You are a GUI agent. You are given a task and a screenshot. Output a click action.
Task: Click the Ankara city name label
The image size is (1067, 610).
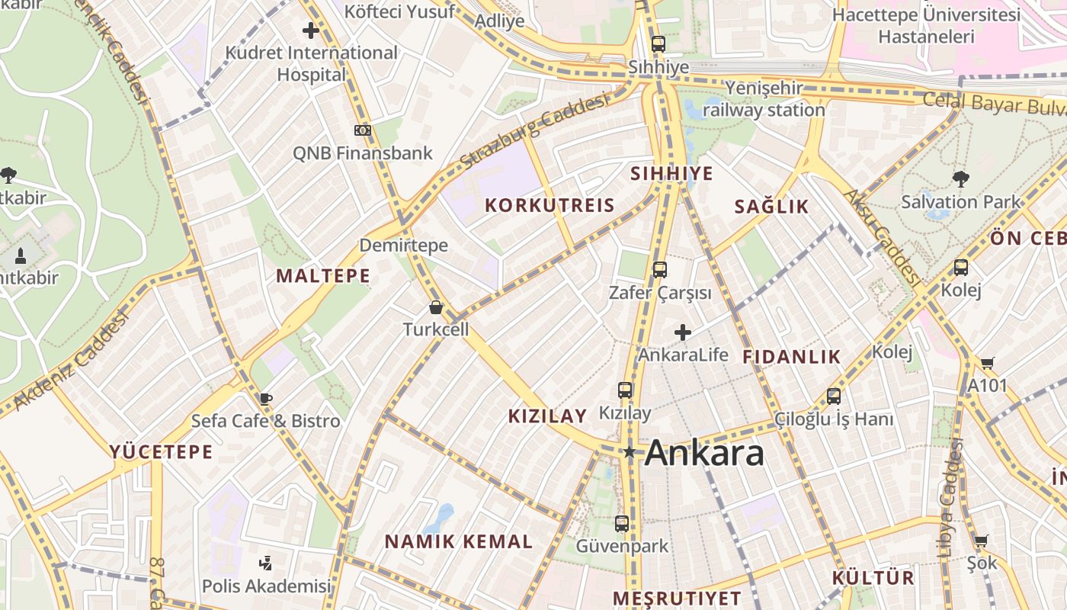pos(704,453)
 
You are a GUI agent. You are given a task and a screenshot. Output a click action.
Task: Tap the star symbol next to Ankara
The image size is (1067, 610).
pos(630,452)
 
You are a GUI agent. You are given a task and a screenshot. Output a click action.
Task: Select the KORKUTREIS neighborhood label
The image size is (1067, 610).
pos(550,205)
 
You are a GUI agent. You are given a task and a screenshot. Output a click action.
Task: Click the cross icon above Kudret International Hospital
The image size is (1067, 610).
pos(311,30)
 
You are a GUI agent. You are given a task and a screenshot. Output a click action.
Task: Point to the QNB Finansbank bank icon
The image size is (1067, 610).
pos(363,130)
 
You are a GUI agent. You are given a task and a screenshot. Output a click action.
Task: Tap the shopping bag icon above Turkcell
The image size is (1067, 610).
pos(436,307)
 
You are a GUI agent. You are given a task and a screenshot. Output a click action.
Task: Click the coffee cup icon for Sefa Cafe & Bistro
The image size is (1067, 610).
pos(265,398)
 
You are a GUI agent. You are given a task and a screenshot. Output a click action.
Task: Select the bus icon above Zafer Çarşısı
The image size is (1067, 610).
pos(660,269)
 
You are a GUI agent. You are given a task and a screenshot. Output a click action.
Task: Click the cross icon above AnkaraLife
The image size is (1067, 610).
pos(683,332)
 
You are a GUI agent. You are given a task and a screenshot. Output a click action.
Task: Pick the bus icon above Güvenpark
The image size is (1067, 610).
pos(622,524)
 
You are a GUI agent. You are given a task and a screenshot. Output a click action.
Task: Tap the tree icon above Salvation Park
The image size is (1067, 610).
pos(960,179)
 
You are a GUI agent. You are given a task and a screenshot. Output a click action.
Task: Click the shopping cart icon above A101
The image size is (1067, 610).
pos(988,363)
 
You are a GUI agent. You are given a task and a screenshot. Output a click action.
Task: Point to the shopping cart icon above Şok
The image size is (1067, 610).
pos(981,541)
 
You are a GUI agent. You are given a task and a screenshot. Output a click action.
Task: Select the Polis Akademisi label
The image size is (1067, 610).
pos(267,586)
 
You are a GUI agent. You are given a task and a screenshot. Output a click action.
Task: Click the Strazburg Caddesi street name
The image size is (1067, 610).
pos(535,132)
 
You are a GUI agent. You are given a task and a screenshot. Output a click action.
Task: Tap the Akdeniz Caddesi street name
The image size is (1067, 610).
pos(70,362)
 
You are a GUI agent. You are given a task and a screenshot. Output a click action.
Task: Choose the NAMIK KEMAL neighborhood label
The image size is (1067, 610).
pos(459,541)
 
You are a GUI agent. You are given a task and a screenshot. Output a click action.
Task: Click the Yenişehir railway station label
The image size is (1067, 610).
pos(764,99)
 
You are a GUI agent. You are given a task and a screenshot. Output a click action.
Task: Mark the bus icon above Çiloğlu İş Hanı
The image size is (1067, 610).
pos(834,396)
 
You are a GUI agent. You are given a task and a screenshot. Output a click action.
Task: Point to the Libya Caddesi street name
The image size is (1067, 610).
pos(948,496)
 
